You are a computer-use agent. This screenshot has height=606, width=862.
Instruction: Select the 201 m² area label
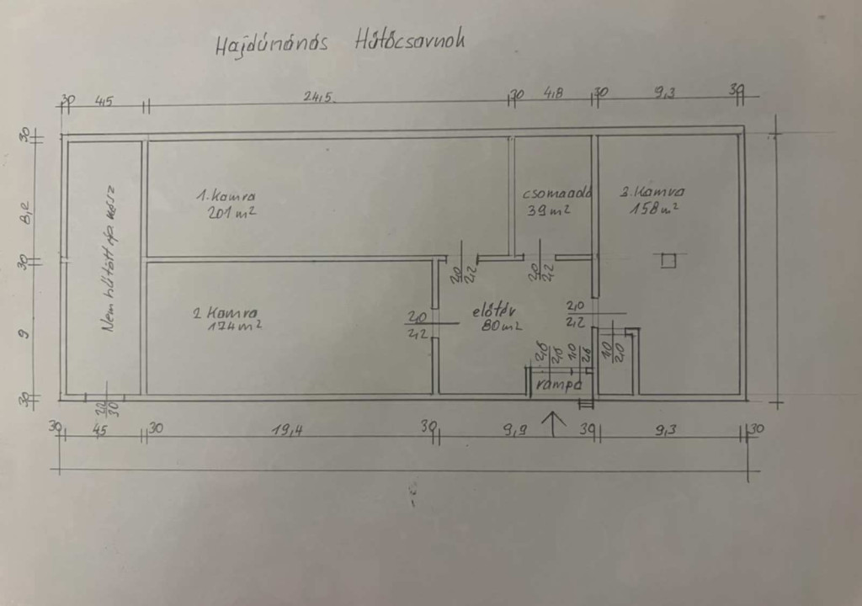pyautogui.click(x=231, y=213)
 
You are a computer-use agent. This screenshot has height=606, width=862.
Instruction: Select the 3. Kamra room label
pyautogui.click(x=652, y=191)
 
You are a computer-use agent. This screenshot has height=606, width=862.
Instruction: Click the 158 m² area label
pyautogui.click(x=654, y=208)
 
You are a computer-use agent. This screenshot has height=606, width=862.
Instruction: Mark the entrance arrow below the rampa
pyautogui.click(x=553, y=423)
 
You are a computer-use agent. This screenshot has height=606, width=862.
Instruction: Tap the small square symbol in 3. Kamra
pyautogui.click(x=668, y=261)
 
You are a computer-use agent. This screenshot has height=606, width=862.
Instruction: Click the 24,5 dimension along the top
pyautogui.click(x=321, y=97)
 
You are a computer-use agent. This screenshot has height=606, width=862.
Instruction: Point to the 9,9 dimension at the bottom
pyautogui.click(x=515, y=431)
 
